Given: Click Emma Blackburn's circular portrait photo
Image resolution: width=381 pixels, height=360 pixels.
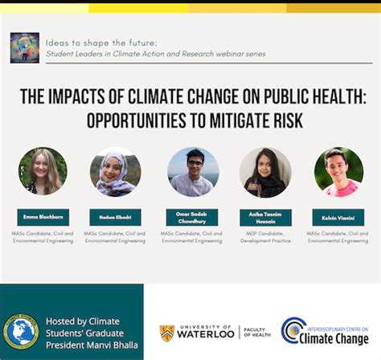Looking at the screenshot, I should (x=43, y=171).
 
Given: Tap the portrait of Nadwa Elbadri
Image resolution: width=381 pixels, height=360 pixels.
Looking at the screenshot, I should (x=115, y=171).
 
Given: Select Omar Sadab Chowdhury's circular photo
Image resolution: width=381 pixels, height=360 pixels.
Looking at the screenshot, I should (x=191, y=172).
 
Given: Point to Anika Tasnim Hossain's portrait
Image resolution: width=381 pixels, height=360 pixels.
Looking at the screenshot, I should (x=265, y=172).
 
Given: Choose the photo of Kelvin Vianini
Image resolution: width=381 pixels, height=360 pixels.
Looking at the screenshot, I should (x=338, y=172).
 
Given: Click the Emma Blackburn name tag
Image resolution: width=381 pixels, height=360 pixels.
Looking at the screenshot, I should (x=43, y=217).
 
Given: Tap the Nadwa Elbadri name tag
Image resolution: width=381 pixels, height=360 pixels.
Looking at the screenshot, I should (x=115, y=217).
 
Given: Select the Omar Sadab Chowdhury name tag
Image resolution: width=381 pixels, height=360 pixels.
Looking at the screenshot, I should (x=191, y=217).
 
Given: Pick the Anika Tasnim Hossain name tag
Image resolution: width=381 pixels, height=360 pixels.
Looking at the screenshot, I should (x=265, y=217).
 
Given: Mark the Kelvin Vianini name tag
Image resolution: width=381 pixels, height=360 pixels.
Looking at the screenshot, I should (x=338, y=217).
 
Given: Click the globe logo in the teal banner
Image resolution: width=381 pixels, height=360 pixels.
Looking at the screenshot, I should (x=22, y=329).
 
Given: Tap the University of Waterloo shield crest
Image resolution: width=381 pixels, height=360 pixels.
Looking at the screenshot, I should (x=166, y=332).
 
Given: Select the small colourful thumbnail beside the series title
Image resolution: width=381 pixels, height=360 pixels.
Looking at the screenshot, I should (x=24, y=47).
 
